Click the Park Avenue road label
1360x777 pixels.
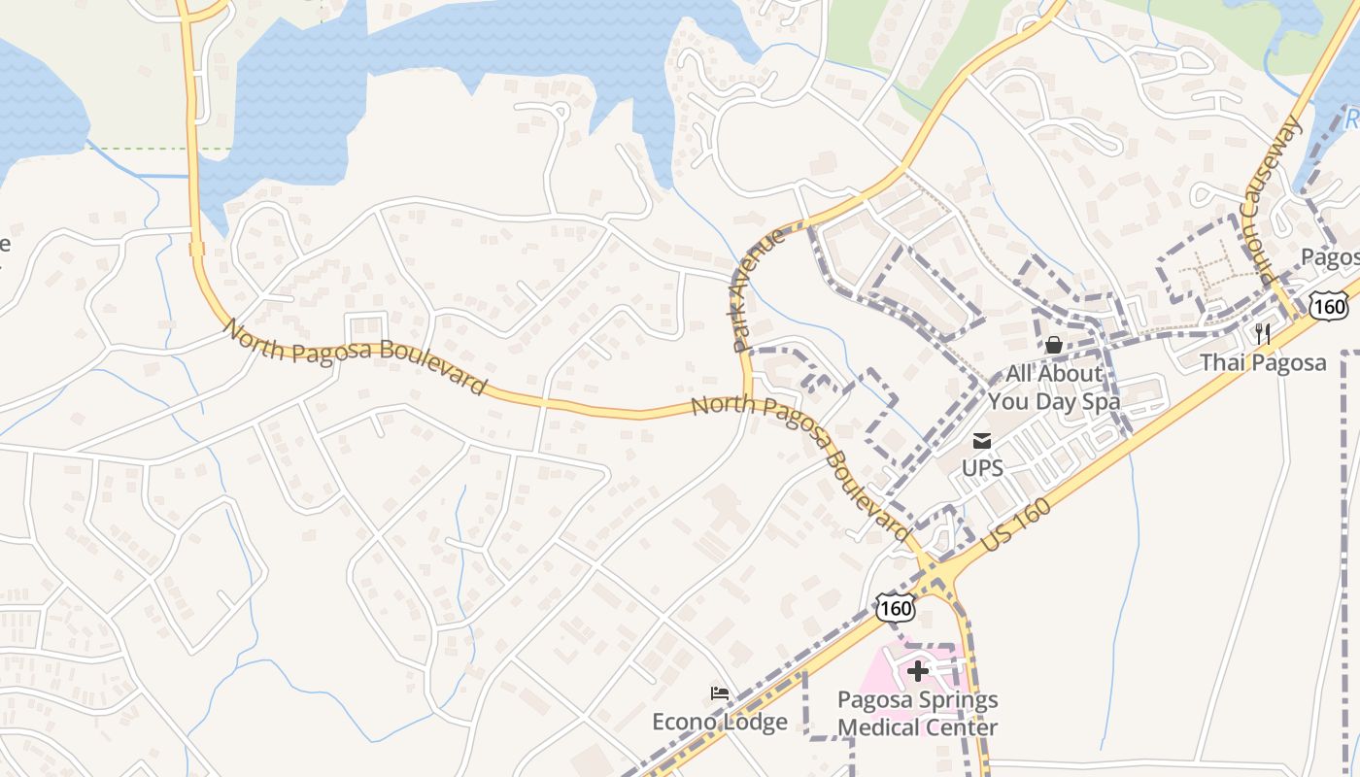[x=757, y=291]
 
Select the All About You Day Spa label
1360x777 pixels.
[x=1054, y=387]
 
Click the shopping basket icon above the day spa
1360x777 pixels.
[x=1053, y=345]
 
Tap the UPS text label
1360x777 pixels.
[x=982, y=467]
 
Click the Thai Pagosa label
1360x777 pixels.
[x=1263, y=363]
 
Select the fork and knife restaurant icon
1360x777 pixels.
[x=1263, y=334]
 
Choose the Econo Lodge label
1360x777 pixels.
[x=720, y=722]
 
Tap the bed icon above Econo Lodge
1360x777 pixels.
[x=720, y=693]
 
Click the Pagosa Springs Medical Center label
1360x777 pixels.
[x=918, y=713]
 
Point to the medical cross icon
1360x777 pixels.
[x=918, y=670]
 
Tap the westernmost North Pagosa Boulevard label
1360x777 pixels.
[x=355, y=356]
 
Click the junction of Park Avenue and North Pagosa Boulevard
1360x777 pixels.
[x=747, y=399]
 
